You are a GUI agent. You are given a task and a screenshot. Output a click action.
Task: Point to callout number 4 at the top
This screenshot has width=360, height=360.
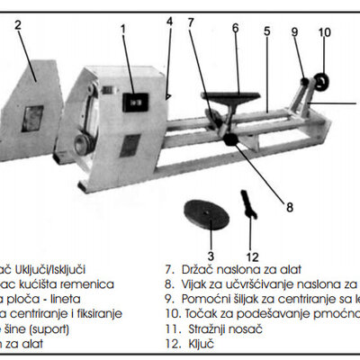pos(168,21)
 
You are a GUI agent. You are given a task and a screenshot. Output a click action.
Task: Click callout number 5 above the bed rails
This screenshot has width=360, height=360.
pos(266,31)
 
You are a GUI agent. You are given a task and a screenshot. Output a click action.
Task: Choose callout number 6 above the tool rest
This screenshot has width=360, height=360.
pos(234,28)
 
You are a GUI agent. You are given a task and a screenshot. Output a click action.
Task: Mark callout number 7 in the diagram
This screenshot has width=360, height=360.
pos(191,22)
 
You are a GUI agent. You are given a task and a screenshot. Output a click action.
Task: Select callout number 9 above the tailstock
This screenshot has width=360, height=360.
pos(293,33)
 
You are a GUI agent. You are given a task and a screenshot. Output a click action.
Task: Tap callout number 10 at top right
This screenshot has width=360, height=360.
pos(324,33)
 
